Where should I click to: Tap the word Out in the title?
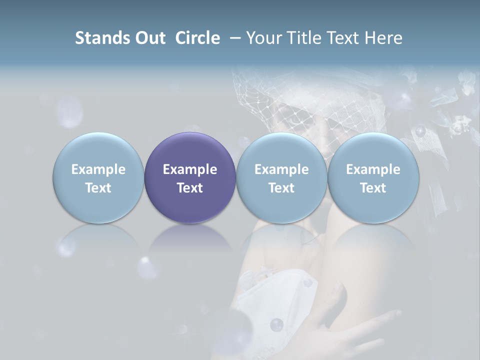pyautogui.click(x=148, y=38)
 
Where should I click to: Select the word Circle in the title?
pyautogui.click(x=197, y=38)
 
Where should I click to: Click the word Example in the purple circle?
pyautogui.click(x=190, y=169)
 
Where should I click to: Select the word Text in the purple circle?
pyautogui.click(x=190, y=188)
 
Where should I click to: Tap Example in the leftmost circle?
pyautogui.click(x=98, y=169)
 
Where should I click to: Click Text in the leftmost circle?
pyautogui.click(x=98, y=188)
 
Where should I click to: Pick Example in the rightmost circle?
pyautogui.click(x=373, y=169)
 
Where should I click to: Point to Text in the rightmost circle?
pyautogui.click(x=373, y=188)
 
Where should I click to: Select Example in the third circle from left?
pyautogui.click(x=281, y=169)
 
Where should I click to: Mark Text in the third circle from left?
pyautogui.click(x=281, y=188)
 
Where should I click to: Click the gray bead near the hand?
pyautogui.click(x=276, y=325)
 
